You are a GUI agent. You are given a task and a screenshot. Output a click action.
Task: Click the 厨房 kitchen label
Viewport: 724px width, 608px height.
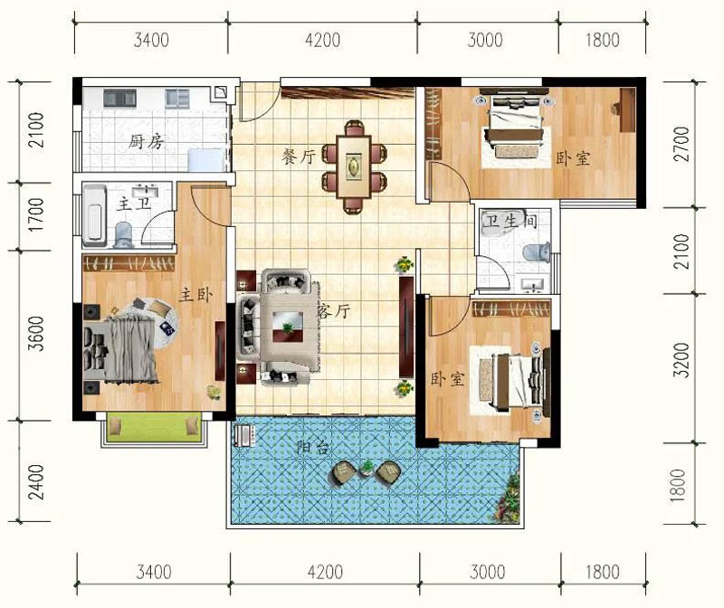(x=146, y=141)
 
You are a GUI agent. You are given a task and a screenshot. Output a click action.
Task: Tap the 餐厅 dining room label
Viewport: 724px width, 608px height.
(x=299, y=157)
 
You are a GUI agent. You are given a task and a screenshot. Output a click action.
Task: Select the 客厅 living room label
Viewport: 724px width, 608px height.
(x=333, y=311)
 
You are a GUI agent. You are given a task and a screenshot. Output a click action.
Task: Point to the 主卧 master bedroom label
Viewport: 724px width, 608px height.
(x=195, y=295)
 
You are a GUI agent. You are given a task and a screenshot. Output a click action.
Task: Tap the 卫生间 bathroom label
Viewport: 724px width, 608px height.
(x=510, y=221)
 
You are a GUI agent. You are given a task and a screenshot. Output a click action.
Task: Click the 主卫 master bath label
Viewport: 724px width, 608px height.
(x=133, y=204)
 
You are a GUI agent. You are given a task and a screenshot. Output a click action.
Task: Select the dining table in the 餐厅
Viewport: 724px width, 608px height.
(x=354, y=166)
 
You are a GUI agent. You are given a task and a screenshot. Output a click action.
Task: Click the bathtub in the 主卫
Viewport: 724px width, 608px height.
(x=94, y=214)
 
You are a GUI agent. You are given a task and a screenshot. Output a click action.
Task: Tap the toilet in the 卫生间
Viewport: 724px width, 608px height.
(x=537, y=252)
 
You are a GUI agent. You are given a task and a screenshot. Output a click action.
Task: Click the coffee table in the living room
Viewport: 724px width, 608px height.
(x=288, y=326)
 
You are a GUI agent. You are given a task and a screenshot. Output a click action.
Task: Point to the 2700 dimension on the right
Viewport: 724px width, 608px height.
(x=681, y=144)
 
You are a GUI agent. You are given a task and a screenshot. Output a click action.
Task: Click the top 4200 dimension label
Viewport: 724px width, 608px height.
(x=323, y=40)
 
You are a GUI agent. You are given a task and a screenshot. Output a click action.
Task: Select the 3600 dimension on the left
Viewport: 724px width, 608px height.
(x=36, y=333)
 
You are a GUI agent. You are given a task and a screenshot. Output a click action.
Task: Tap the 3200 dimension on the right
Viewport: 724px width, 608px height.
(x=681, y=361)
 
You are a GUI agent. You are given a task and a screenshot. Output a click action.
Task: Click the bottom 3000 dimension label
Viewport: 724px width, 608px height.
(x=488, y=572)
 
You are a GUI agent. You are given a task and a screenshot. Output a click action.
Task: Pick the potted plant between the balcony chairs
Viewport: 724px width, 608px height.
(x=367, y=467)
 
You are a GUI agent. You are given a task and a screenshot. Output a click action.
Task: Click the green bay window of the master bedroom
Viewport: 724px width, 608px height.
(x=154, y=428)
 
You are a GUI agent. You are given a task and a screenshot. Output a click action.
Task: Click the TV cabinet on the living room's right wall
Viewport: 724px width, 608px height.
(x=406, y=327)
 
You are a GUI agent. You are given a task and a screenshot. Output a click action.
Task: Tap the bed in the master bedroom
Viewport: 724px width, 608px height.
(x=121, y=350)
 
